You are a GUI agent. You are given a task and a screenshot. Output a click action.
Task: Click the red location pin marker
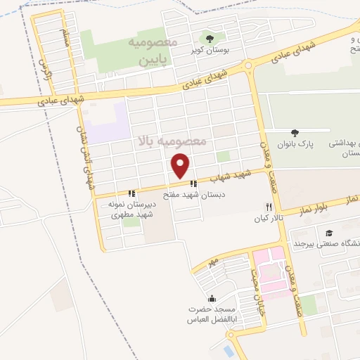pyautogui.click(x=181, y=165)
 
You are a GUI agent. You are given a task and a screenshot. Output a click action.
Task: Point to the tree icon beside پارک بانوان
pyautogui.click(x=295, y=133)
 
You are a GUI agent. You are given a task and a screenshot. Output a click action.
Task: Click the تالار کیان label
pyautogui.click(x=267, y=219)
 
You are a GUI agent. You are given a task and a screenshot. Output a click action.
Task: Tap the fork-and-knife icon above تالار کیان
pyautogui.click(x=267, y=207)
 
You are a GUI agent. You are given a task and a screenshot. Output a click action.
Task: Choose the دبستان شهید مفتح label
pyautogui.click(x=195, y=194)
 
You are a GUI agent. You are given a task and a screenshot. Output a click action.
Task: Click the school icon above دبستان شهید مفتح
pyautogui.click(x=193, y=184)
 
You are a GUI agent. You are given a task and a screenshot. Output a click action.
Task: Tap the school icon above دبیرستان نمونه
pyautogui.click(x=131, y=193)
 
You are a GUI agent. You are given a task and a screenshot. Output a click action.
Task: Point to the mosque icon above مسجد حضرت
pyautogui.click(x=212, y=299)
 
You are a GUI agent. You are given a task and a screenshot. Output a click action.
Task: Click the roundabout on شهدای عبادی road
pyautogui.click(x=248, y=67)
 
